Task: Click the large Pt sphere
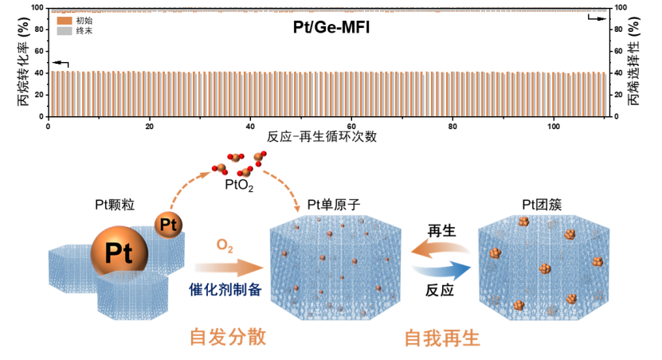(x=119, y=254)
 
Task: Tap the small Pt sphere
(x=168, y=225)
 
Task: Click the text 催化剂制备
(x=225, y=288)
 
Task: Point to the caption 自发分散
(x=227, y=337)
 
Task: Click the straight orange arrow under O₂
(x=228, y=268)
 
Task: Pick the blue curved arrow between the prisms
(x=441, y=271)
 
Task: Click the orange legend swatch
(x=65, y=21)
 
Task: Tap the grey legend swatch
(x=65, y=31)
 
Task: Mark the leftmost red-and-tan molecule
(x=220, y=169)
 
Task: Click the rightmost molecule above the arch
(x=259, y=157)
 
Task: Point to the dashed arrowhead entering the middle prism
(x=298, y=209)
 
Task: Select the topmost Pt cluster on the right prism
(x=523, y=221)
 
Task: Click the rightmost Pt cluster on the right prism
(x=597, y=262)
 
